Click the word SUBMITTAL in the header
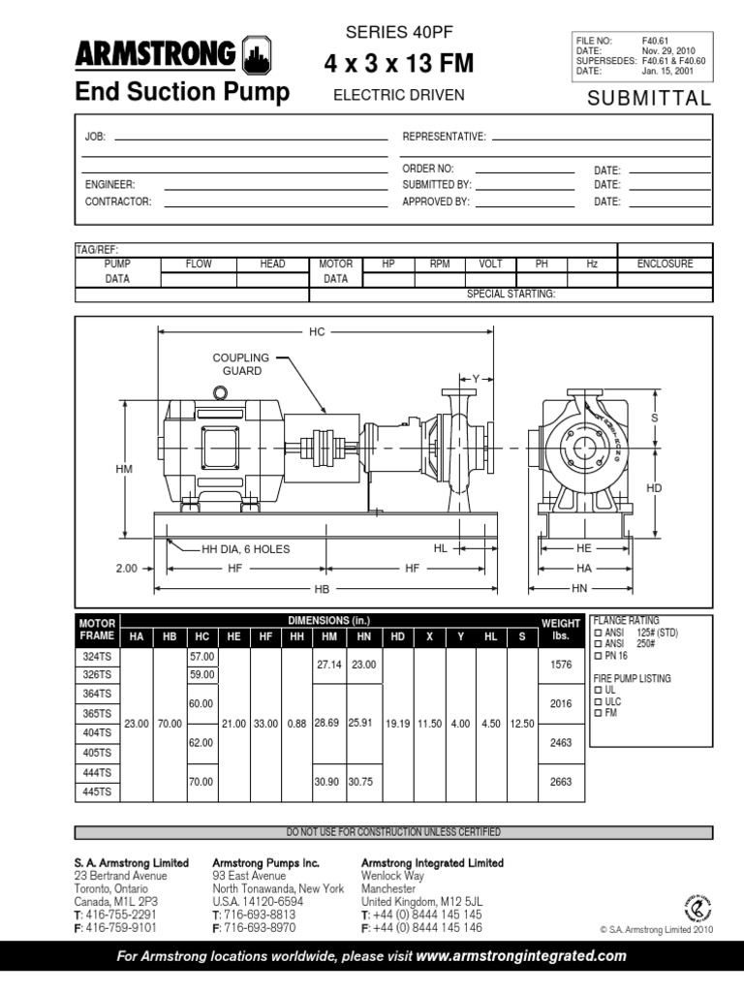click(649, 99)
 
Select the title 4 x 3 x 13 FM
click(398, 65)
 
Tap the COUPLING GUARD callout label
click(241, 364)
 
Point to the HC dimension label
click(317, 332)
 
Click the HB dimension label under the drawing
click(321, 589)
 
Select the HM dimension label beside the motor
click(124, 469)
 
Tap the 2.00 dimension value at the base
click(127, 569)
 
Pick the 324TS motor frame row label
click(99, 656)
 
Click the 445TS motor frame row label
click(99, 791)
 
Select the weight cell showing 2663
click(561, 782)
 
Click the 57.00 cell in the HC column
click(201, 656)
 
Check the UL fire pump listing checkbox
click(597, 691)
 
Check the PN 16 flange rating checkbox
click(597, 656)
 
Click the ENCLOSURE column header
click(665, 264)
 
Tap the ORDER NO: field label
click(428, 169)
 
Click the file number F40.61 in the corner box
click(655, 41)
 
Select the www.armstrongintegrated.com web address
click(521, 956)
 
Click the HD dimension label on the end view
click(654, 488)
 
